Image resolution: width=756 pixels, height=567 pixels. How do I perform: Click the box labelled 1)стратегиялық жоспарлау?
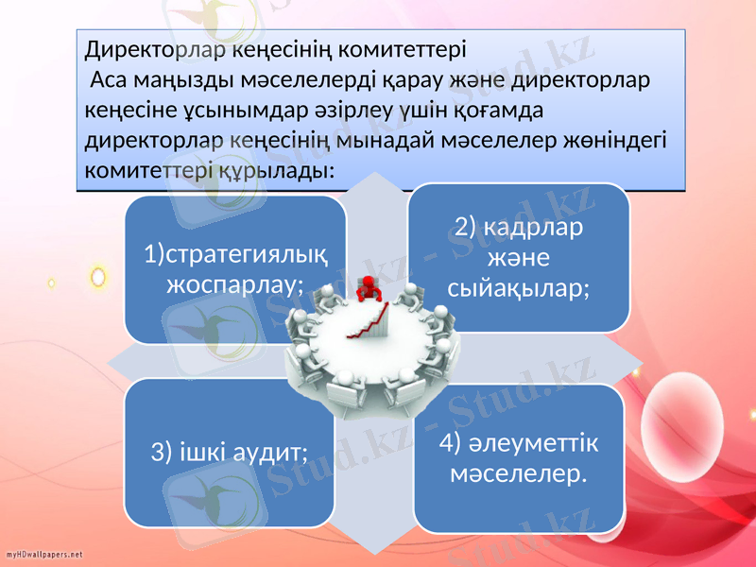tap(235, 268)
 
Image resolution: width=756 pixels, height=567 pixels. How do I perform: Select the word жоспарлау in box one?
tap(234, 283)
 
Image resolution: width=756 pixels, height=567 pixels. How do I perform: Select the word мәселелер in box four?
tap(518, 471)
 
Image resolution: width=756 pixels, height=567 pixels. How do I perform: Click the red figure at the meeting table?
tap(364, 288)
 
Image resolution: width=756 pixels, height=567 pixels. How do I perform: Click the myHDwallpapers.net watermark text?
tap(44, 553)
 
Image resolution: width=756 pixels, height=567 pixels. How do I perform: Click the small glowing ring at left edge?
tap(96, 276)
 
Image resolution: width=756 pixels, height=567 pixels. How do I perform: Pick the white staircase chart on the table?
tap(370, 321)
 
